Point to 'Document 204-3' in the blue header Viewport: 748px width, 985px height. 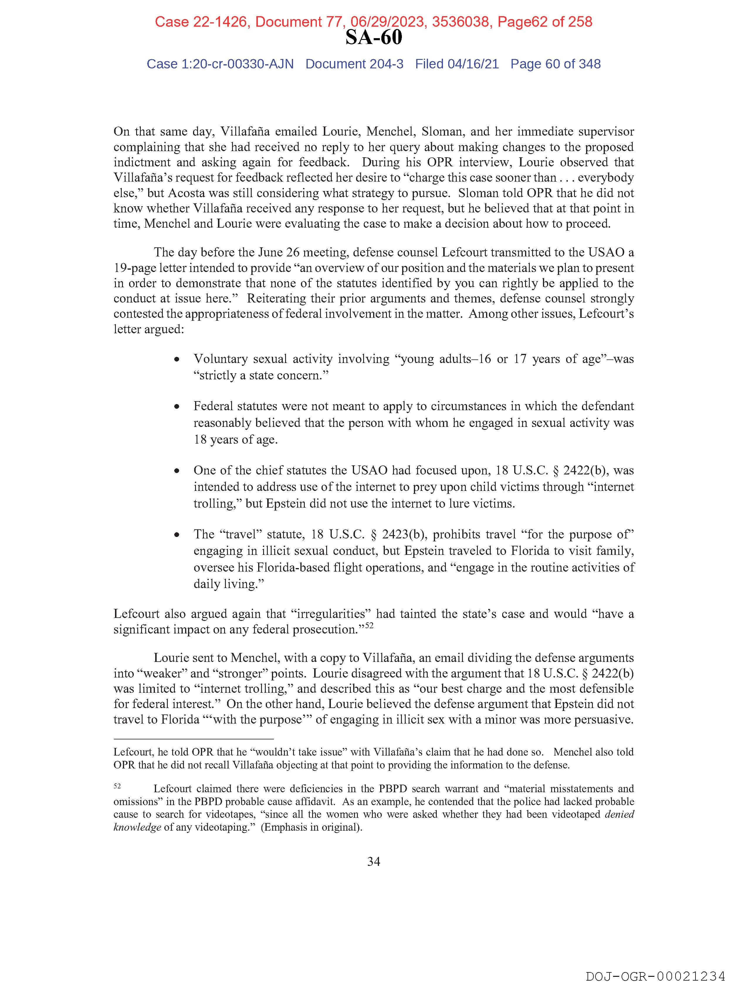(x=354, y=64)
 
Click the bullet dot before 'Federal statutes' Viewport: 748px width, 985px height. (x=177, y=407)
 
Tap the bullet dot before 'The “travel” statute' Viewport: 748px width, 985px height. (x=177, y=535)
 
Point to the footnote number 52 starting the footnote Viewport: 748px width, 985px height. (x=117, y=786)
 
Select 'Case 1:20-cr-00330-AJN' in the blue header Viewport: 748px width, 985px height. (x=220, y=64)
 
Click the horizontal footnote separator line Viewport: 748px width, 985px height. (x=193, y=739)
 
